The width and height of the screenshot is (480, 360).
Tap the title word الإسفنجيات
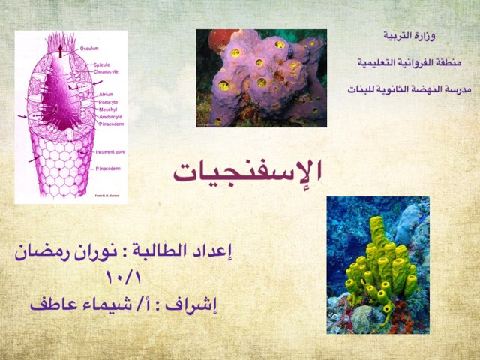247,170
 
